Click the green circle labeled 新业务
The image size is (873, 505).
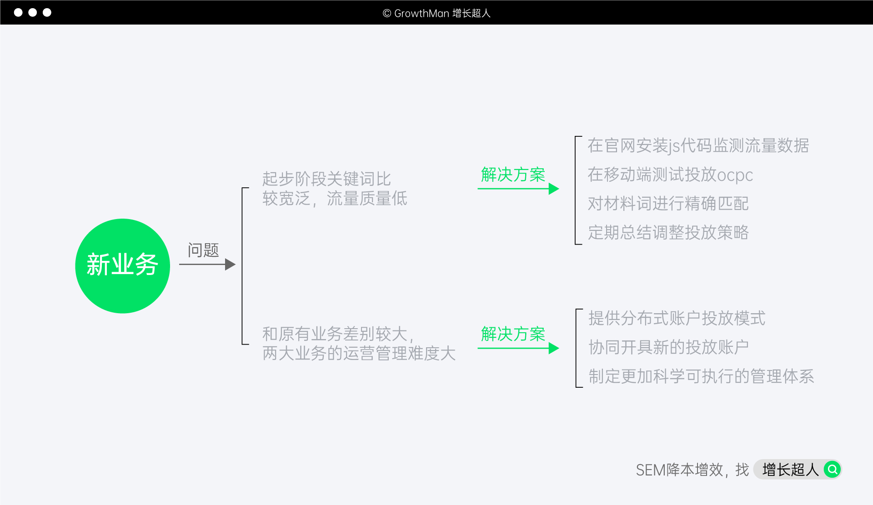122,266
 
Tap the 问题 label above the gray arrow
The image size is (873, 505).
203,250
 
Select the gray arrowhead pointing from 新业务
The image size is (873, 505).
231,265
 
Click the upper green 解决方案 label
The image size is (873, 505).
513,175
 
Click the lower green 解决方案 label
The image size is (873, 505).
513,334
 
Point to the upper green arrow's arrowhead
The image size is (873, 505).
553,189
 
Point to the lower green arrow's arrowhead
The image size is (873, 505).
553,348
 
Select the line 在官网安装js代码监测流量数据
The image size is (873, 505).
698,146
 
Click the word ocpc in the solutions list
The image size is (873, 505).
735,175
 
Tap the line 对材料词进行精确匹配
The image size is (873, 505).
668,204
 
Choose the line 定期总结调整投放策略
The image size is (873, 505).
668,233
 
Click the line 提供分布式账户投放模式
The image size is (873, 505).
677,318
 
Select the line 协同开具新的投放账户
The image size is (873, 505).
668,347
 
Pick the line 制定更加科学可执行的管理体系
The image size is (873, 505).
701,376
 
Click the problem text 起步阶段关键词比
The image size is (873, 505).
326,179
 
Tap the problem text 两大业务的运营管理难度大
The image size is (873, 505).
359,354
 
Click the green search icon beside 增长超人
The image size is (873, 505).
833,469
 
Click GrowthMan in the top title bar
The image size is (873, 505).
421,13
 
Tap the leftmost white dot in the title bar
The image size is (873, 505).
18,12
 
